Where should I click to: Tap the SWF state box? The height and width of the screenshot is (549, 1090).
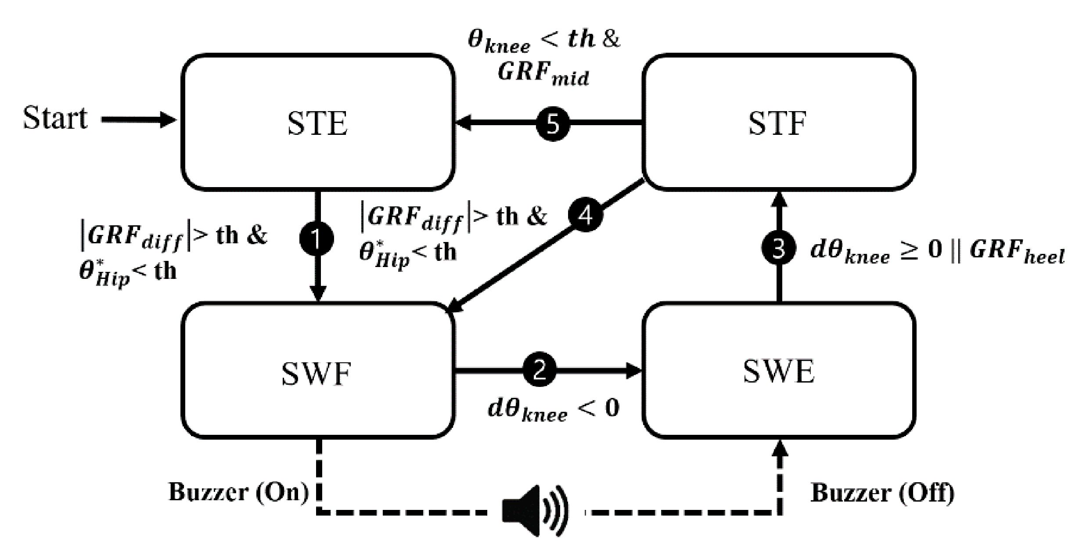coord(318,372)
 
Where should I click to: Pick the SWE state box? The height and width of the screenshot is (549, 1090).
coord(778,372)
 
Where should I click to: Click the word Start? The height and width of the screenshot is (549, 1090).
coord(55,118)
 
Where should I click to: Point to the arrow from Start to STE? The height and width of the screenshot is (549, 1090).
coord(138,119)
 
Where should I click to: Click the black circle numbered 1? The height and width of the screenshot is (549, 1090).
coord(317,238)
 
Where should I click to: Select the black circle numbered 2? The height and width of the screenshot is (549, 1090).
coord(540,370)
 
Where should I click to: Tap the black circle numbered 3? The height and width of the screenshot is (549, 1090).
coord(778,249)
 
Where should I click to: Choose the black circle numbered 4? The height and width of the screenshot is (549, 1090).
coord(586,215)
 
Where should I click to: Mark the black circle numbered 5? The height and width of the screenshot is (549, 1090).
coord(553,124)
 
